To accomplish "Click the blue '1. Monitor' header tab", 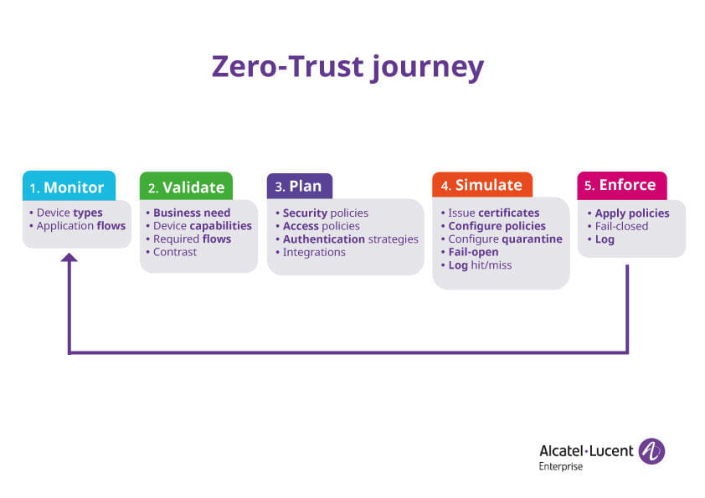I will coord(69,186).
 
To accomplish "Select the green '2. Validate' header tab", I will coord(186,187).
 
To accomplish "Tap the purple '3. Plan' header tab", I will coord(299,186).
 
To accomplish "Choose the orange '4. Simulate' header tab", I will coord(481,185).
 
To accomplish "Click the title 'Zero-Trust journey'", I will coord(347,66).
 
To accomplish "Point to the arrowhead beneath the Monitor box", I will coord(69,258).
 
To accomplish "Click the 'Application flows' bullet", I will coord(80,226).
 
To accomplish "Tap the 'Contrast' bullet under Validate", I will coord(175,252).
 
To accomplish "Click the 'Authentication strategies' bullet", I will coord(350,239).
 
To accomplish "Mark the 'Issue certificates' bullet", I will coord(493,213).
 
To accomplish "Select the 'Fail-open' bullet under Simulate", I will coord(473,252).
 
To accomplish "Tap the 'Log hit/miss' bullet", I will coord(480,265).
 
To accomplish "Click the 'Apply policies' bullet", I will coord(631,213).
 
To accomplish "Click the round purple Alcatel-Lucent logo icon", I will coord(651,451).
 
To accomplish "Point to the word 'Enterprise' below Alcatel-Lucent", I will coord(560,466).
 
